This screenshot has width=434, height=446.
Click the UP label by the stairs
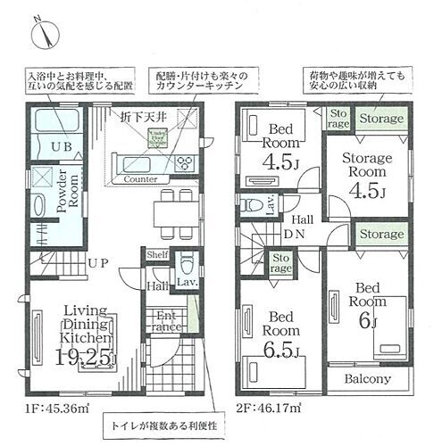98,264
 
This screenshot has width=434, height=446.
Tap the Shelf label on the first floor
158,254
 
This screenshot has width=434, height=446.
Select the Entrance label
167,321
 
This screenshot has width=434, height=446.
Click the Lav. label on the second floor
269,205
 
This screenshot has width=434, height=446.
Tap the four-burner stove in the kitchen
184,162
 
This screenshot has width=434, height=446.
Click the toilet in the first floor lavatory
184,265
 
